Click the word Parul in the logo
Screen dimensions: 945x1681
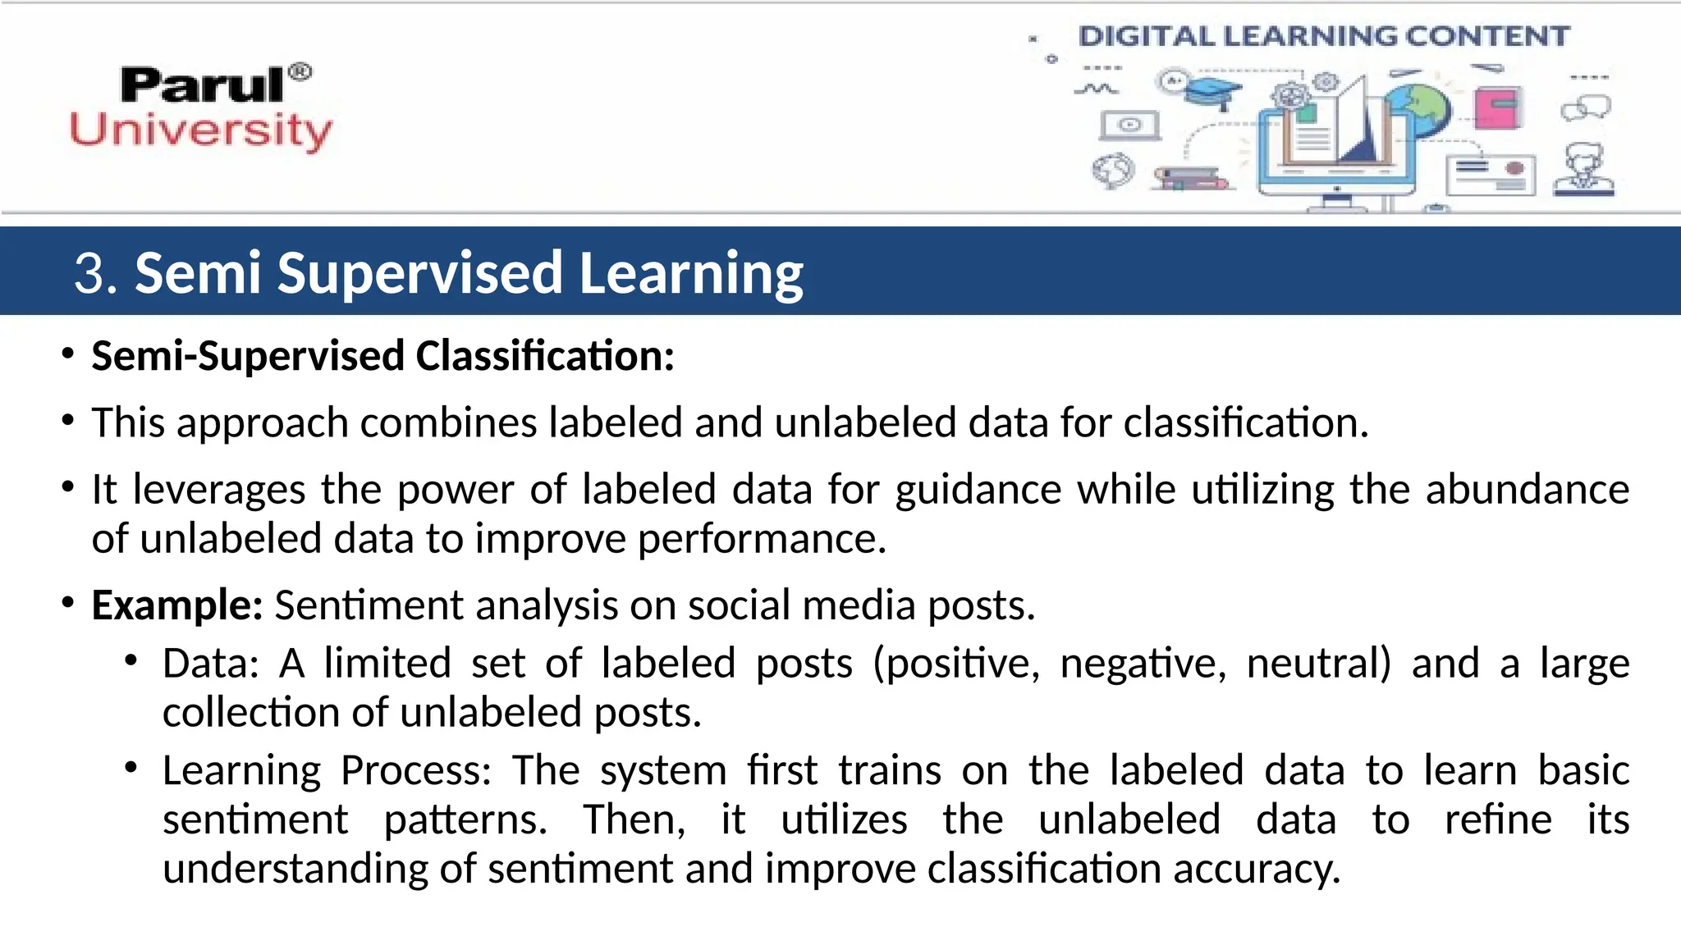tap(201, 85)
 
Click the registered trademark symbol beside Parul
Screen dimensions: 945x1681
tap(301, 72)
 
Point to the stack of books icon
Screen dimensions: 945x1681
tap(1190, 178)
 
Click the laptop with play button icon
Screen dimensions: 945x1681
tap(1129, 126)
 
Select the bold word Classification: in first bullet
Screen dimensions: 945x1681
tap(545, 356)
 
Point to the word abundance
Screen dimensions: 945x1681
tap(1527, 490)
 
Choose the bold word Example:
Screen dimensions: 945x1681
tap(176, 605)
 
